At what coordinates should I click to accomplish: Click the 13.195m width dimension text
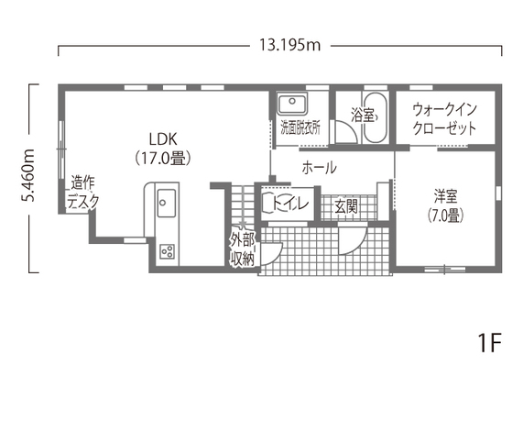coord(289,46)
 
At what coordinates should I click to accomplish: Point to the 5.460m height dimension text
coord(28,175)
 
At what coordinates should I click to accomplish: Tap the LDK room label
coord(163,138)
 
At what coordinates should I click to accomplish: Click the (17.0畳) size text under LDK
coord(163,159)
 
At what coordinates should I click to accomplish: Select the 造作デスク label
coord(83,193)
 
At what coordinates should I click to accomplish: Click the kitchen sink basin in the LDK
coord(166,203)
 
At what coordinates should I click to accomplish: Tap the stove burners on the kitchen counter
coord(167,251)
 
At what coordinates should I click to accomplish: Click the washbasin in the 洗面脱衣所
coord(292,104)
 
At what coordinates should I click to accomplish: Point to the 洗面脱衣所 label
coord(300,127)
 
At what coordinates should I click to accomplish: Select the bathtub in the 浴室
coord(375,117)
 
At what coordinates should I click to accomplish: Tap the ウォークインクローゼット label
coord(445,119)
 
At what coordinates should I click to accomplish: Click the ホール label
coord(319,168)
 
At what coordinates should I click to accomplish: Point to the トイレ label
coord(289,204)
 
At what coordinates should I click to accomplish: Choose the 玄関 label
coord(346,207)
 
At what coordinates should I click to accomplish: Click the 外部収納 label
coord(243,249)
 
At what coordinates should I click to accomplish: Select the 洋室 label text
coord(446,196)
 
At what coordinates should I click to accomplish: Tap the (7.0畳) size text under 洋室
coord(446,216)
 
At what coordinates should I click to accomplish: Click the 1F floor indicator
coord(490,343)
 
